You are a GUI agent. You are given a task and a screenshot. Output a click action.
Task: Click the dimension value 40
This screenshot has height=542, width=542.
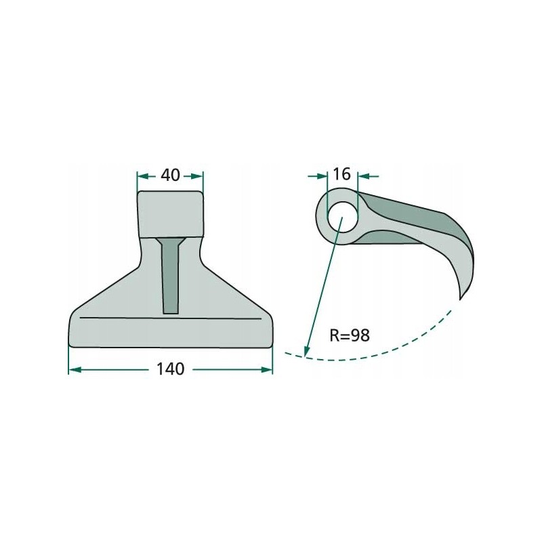point(170,175)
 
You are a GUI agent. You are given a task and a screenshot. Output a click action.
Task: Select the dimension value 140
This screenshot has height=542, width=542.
point(170,370)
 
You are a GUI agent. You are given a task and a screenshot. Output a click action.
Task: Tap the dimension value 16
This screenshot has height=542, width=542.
point(341,175)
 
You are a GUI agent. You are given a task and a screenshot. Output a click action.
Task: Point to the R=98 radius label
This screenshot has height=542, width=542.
point(350,335)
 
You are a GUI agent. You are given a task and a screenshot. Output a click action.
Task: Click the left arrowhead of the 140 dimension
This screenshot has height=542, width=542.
point(74,370)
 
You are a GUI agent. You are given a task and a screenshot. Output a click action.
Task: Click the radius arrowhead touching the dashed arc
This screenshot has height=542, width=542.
point(307,351)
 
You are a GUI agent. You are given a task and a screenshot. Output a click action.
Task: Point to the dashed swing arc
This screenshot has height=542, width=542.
point(379,352)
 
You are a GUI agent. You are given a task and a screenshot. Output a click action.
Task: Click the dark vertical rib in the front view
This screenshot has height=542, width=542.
point(170,278)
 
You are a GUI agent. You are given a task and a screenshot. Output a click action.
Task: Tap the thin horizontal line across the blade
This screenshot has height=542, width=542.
point(170,318)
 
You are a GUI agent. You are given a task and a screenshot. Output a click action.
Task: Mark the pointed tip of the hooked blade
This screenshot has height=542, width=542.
point(461,297)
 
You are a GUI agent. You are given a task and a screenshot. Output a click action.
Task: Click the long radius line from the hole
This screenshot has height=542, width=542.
point(324,285)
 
